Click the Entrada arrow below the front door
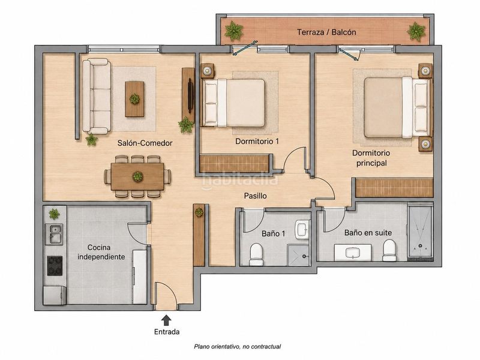(166, 320)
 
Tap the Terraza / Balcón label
(326, 32)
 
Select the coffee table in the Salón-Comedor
(134, 99)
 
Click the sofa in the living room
(97, 97)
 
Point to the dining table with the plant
(137, 176)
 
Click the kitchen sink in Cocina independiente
(55, 234)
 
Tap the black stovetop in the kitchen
(55, 266)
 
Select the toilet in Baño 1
(256, 254)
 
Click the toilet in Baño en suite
(389, 250)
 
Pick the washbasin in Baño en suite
(353, 253)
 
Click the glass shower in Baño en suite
(420, 233)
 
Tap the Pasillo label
(256, 196)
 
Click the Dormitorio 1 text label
(257, 142)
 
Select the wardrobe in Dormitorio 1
(234, 164)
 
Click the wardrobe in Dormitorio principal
(394, 187)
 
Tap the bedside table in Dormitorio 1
(208, 71)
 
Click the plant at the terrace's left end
(234, 31)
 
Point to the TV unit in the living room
(188, 95)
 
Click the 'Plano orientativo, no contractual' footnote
(238, 347)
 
